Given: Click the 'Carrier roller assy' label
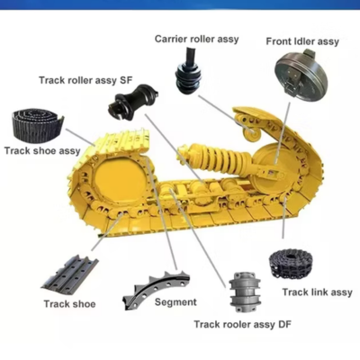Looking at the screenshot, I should pyautogui.click(x=197, y=39).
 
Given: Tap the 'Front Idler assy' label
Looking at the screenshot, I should pyautogui.click(x=302, y=41).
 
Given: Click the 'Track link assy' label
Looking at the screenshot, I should pyautogui.click(x=317, y=292).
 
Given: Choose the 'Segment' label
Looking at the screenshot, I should pyautogui.click(x=175, y=302).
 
